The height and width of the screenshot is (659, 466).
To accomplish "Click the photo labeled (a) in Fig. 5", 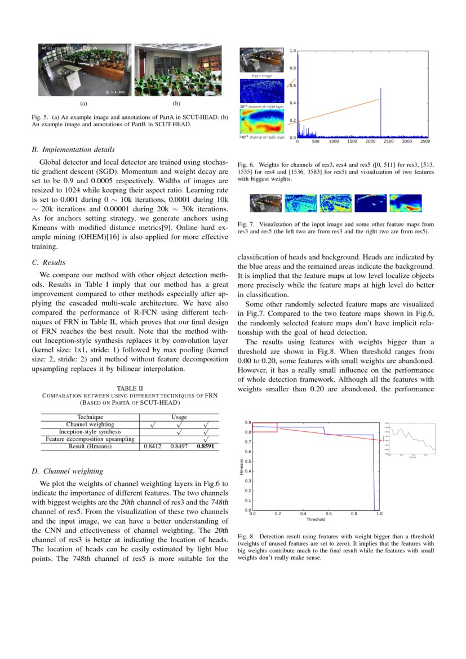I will point(83,70).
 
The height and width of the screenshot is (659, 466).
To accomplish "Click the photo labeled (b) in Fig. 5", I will point(177,70).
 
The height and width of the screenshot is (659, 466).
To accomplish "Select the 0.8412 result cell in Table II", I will point(153,446).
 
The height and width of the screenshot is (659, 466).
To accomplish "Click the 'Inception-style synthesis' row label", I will point(90,432).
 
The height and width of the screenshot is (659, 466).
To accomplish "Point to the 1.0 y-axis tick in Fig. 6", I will point(293,51).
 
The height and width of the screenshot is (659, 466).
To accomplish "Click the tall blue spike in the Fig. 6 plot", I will point(380,113).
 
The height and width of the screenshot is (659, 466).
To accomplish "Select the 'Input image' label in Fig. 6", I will point(261,76).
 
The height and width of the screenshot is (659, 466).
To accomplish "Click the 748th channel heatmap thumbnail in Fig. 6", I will point(261,121).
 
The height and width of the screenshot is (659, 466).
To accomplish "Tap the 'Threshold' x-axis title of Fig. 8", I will point(316,520).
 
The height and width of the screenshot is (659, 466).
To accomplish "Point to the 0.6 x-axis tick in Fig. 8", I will point(329,514).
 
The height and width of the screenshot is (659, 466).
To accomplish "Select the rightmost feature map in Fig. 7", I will point(406,203).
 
